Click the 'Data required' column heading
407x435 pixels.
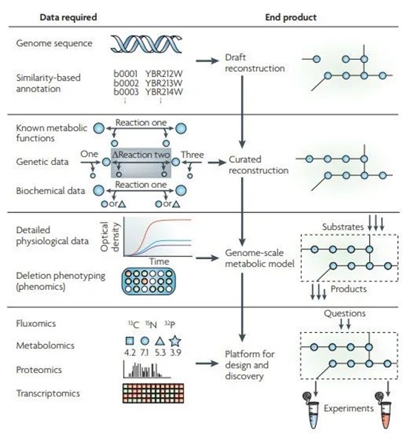[68, 17]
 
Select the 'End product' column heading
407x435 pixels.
[291, 17]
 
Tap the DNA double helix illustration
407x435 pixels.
[147, 44]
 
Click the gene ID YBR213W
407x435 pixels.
[164, 83]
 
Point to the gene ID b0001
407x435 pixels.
[126, 74]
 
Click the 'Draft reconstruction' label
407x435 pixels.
[255, 63]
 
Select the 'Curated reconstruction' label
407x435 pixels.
[258, 165]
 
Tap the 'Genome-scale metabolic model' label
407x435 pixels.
[260, 258]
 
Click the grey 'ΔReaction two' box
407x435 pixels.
[141, 163]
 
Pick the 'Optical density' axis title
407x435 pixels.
[110, 237]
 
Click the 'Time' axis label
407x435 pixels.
[159, 262]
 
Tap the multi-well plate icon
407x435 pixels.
[149, 281]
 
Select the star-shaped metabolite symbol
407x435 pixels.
[175, 341]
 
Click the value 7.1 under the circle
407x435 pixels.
[144, 353]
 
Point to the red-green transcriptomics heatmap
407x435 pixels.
[153, 394]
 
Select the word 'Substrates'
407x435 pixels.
[343, 227]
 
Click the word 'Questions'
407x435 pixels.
[345, 314]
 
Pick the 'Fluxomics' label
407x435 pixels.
[36, 323]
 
